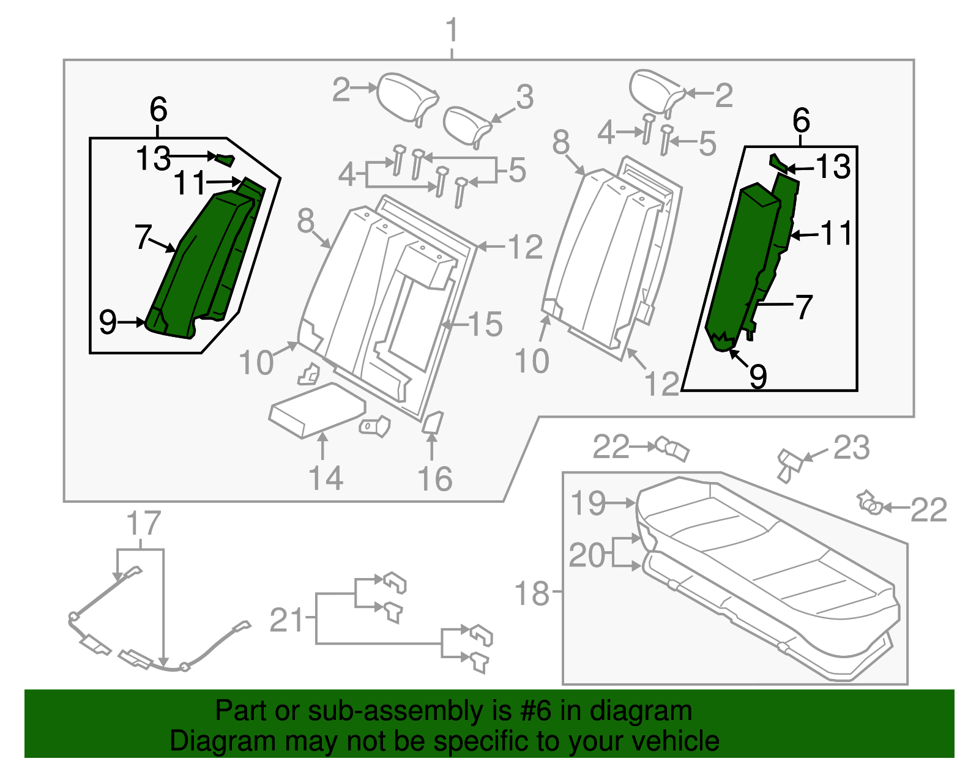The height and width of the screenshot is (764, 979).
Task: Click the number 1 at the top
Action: (x=452, y=31)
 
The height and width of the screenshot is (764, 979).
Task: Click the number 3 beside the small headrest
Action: (x=524, y=98)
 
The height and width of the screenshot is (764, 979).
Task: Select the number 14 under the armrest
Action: (x=325, y=478)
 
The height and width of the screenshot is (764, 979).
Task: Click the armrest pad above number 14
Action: (x=317, y=409)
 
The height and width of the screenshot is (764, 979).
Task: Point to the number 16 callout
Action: (x=434, y=479)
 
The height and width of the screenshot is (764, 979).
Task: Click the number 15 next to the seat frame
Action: (x=485, y=324)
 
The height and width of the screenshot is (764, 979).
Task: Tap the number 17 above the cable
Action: (x=143, y=524)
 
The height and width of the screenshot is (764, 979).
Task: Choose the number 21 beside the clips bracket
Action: (x=287, y=620)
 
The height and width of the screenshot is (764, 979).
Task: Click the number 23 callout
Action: (x=851, y=448)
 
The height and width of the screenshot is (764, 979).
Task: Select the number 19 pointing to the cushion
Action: (x=588, y=503)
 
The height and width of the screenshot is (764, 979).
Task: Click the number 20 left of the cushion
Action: (x=587, y=555)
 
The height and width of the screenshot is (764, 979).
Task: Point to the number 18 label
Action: (x=532, y=593)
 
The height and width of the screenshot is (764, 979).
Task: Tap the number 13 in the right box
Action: (x=833, y=167)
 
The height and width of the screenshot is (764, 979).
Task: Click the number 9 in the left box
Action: (x=108, y=322)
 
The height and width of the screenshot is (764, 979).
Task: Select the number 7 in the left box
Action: (x=143, y=237)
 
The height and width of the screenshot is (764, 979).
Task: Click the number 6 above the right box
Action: (x=801, y=121)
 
